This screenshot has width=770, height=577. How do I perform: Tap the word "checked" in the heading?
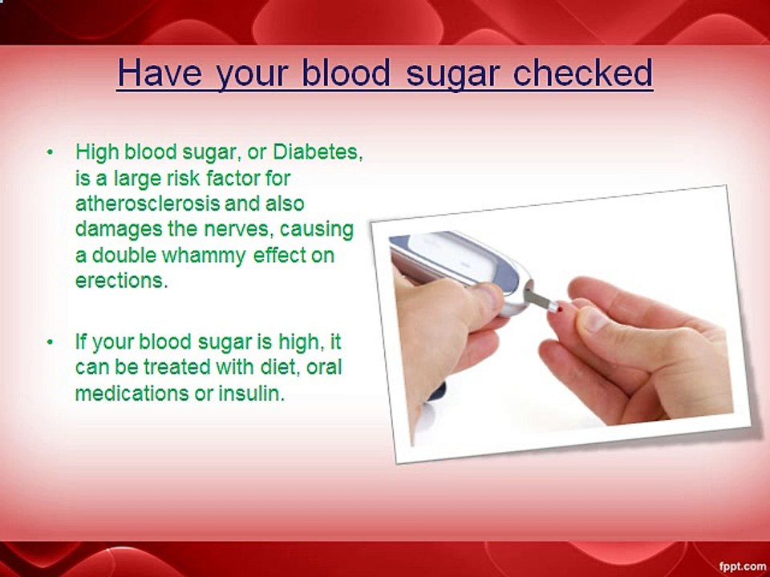point(583,73)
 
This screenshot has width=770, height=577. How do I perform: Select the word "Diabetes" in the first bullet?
point(318,152)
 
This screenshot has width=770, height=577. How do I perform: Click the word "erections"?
point(121,280)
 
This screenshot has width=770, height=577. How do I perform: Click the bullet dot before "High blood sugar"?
point(49,152)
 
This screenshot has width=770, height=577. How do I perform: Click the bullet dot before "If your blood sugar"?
point(49,342)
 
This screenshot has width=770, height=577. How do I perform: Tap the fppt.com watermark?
point(742,566)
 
